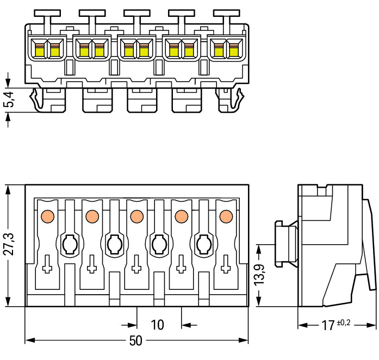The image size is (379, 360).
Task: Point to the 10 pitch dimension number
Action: (x=157, y=325)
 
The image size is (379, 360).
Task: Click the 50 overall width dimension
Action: (x=136, y=341)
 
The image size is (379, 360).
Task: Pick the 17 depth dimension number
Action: (x=327, y=326)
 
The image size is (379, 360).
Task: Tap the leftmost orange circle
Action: (x=47, y=216)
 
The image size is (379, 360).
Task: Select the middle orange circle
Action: (x=136, y=216)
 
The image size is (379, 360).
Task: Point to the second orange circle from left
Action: (x=92, y=216)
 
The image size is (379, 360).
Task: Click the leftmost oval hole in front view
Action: (x=70, y=244)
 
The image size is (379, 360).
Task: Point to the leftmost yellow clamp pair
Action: (x=47, y=49)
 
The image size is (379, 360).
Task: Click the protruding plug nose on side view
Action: (x=285, y=243)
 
